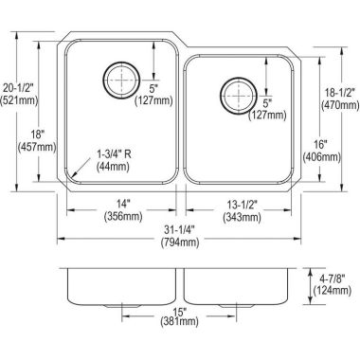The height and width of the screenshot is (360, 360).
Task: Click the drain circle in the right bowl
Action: point(235,95)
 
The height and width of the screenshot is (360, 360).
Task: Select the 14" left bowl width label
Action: point(123,203)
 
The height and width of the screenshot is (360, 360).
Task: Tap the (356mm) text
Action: point(123,216)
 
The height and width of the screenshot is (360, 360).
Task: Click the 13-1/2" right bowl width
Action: point(241,203)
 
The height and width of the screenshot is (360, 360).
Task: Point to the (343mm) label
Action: point(241,216)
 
